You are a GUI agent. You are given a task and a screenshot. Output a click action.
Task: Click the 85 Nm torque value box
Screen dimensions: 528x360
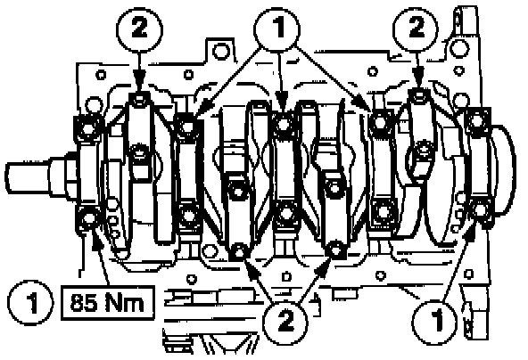108,303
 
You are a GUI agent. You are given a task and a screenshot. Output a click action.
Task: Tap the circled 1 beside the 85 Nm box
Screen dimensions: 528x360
30,302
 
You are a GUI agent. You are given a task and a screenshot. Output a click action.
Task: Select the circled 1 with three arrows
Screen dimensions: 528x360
276,29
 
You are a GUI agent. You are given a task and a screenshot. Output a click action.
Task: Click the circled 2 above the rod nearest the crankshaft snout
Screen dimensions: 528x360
140,29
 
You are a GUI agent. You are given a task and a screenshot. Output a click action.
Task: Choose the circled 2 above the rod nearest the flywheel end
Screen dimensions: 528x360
416,29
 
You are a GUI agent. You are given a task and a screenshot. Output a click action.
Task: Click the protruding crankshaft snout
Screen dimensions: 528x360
29,176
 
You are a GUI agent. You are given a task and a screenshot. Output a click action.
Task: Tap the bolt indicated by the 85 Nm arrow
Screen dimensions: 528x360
89,218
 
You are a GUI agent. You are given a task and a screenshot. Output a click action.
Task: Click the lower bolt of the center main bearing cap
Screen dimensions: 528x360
286,213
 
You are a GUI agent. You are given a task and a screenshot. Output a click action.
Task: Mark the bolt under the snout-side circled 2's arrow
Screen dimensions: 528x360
139,99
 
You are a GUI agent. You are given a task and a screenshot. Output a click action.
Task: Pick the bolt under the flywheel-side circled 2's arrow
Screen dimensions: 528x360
418,97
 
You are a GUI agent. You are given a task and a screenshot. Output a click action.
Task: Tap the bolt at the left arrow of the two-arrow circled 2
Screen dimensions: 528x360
239,250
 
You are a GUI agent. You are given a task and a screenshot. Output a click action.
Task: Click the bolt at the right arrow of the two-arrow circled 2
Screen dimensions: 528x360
335,250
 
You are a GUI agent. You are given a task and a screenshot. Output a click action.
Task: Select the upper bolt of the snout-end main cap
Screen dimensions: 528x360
89,127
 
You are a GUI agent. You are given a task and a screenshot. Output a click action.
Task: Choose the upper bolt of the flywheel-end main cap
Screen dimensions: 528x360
477,119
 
